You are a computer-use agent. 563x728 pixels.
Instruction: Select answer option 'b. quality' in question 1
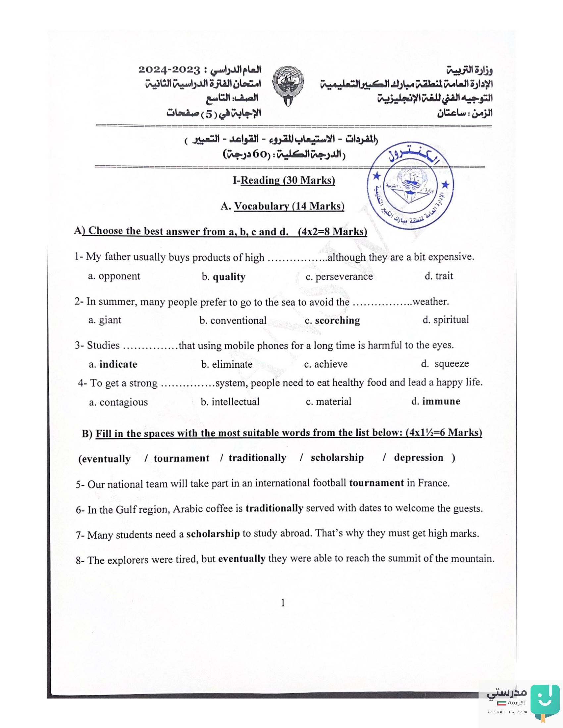(224, 277)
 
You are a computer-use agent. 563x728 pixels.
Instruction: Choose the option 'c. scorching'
(332, 320)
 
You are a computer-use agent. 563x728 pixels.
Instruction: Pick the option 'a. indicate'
(113, 364)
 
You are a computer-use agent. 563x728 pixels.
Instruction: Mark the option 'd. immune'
(435, 401)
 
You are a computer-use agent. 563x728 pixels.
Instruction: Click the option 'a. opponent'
(114, 276)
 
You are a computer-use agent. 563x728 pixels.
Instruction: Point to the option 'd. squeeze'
(445, 363)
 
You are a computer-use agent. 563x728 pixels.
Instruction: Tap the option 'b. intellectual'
(230, 402)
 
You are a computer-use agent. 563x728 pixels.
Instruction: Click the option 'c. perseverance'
(339, 277)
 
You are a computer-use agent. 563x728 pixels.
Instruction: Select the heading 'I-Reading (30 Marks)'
(284, 180)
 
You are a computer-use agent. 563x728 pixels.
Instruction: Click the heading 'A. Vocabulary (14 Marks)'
(282, 206)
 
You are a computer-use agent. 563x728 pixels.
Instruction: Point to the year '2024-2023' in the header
(169, 70)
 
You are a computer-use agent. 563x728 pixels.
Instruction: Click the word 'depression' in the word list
(419, 458)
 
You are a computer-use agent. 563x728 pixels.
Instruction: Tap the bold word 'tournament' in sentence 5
(376, 483)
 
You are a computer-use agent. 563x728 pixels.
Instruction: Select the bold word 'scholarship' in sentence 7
(213, 534)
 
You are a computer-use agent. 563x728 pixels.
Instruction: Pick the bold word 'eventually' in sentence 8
(242, 559)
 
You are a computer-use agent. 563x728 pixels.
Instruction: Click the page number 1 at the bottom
(283, 603)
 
